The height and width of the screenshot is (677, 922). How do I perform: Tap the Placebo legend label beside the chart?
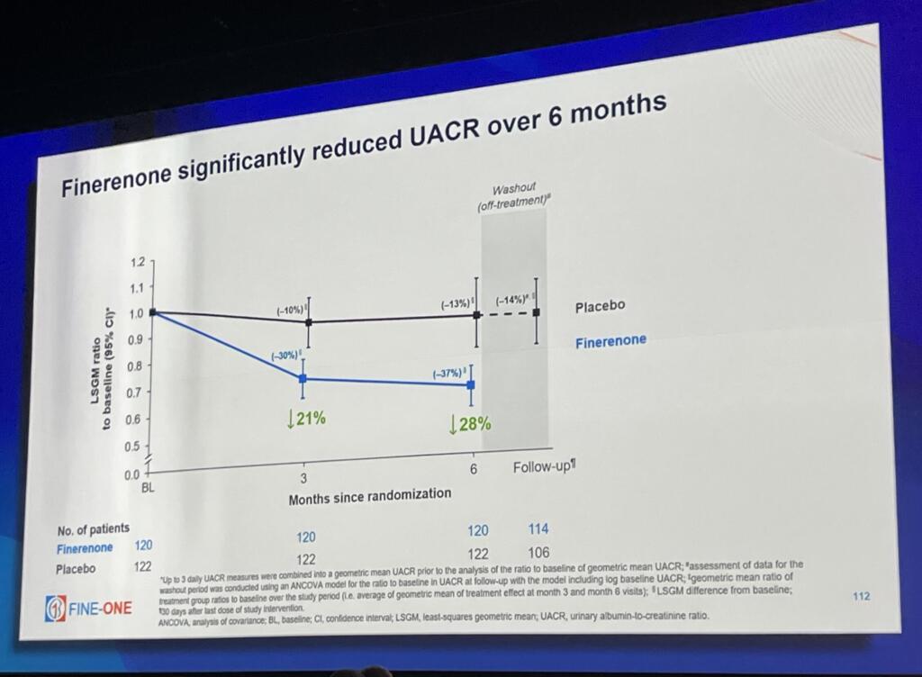tap(600, 307)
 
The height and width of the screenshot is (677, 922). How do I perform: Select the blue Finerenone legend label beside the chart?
tap(611, 341)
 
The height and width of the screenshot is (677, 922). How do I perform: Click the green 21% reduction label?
tap(306, 419)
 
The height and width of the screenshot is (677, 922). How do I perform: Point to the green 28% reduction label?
tap(470, 422)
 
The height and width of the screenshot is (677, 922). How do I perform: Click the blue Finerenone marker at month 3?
tap(303, 379)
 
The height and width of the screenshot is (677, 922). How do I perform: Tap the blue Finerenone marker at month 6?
tap(471, 384)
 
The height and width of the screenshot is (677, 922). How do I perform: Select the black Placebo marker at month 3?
tap(308, 321)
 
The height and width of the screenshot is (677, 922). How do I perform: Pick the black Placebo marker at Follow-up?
tap(537, 312)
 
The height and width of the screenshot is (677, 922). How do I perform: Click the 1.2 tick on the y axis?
tap(137, 263)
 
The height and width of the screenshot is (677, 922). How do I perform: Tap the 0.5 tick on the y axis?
tap(131, 447)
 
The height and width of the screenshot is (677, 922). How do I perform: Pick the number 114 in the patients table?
tap(538, 529)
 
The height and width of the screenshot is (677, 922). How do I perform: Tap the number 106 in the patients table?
tap(538, 552)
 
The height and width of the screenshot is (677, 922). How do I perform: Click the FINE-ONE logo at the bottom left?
tap(87, 608)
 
